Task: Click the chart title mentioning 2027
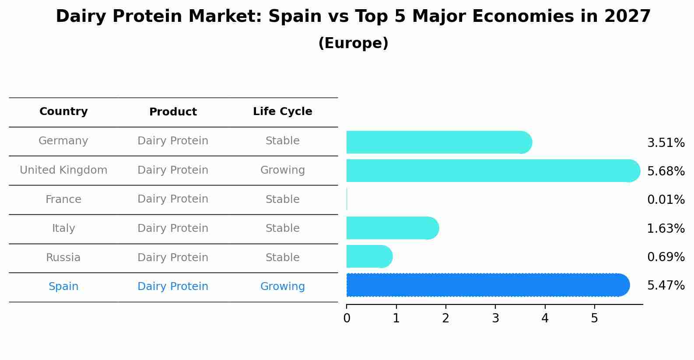[353, 17]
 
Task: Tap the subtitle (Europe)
[353, 43]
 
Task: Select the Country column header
[63, 112]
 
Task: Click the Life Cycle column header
[282, 112]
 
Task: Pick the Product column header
[173, 112]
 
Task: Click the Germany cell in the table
[63, 141]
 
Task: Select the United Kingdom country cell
[63, 170]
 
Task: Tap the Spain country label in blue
[63, 287]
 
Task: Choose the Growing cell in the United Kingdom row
[282, 170]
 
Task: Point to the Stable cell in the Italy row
[282, 228]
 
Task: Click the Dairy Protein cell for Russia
[173, 258]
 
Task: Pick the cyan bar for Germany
[438, 142]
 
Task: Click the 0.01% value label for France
[666, 200]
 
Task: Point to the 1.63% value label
[666, 228]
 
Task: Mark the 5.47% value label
[666, 286]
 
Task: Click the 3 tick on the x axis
[495, 318]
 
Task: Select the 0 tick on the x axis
[347, 318]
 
